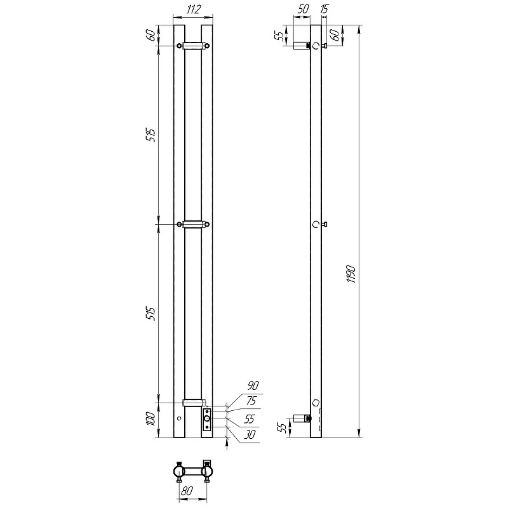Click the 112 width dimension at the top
tap(194, 10)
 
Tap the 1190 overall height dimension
tap(351, 274)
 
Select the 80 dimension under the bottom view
tap(187, 490)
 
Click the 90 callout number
tap(253, 385)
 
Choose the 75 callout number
tap(251, 401)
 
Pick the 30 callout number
tap(250, 434)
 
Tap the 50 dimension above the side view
tap(303, 9)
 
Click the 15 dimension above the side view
tap(324, 9)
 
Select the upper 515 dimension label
tap(151, 135)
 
